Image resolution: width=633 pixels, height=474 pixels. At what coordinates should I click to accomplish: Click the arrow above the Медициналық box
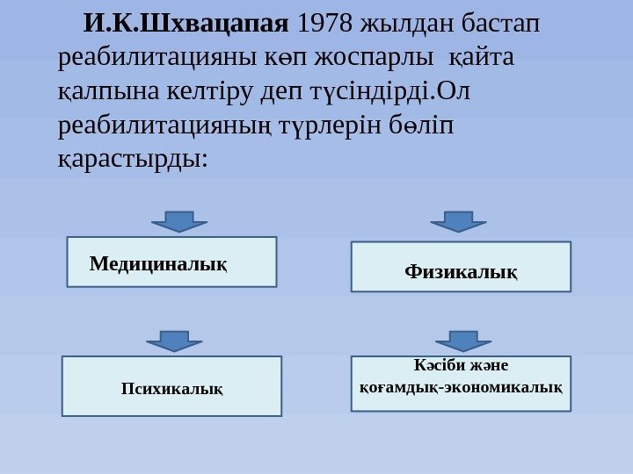click(179, 220)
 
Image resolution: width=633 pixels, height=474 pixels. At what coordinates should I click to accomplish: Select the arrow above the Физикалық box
click(458, 220)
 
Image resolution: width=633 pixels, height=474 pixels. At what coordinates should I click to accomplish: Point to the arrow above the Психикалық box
click(174, 341)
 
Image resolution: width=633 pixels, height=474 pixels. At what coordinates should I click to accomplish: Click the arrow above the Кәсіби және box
click(463, 341)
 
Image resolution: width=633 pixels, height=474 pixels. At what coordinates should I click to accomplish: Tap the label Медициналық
click(158, 262)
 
